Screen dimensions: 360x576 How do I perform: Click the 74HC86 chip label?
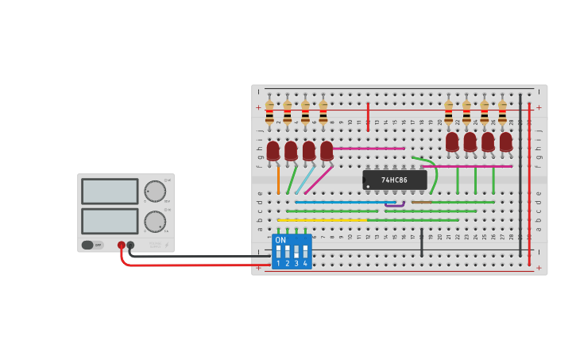coord(394,180)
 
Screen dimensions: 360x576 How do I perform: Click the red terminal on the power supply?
coord(122,246)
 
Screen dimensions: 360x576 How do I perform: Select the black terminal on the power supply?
coord(131,246)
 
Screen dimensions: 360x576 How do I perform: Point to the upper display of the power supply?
coord(110,192)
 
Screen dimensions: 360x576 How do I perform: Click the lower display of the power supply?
coord(110,221)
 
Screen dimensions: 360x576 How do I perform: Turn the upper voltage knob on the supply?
coord(155,192)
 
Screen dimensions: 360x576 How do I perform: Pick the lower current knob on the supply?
coord(155,222)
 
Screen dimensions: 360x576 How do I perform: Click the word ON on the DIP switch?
coord(280,240)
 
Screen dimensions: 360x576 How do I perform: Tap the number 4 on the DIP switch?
coord(305,263)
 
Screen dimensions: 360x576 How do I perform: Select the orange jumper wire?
coord(278,179)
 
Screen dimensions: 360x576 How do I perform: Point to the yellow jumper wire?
coord(322,219)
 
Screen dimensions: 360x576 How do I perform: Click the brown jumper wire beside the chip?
coord(422,202)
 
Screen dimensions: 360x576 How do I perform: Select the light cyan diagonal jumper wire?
coord(304,180)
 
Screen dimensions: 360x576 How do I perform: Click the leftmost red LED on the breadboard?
coord(273,150)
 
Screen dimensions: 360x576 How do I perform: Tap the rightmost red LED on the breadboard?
coord(506,141)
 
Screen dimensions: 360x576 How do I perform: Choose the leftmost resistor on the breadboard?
coord(269,112)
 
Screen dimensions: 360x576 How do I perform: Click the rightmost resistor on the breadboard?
coord(502,112)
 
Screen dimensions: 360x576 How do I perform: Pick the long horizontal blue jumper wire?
coord(345,202)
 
